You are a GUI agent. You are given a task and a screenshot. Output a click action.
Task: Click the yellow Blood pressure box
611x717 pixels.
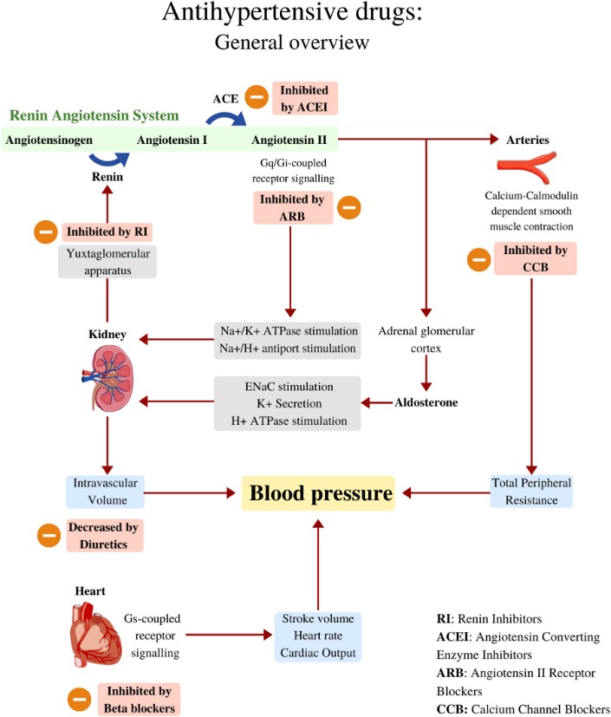click(318, 493)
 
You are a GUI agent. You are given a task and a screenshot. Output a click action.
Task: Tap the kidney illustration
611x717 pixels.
click(108, 378)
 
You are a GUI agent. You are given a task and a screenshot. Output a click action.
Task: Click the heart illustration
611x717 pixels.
click(95, 634)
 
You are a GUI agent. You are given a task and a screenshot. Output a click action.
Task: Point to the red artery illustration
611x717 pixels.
click(527, 167)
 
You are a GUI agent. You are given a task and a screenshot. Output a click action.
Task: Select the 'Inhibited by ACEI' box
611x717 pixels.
click(305, 98)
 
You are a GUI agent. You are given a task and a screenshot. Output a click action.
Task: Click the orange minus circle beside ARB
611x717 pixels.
click(349, 207)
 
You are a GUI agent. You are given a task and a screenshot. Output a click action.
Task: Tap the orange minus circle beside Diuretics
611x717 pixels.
click(49, 535)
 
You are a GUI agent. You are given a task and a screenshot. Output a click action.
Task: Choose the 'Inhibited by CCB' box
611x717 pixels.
click(535, 258)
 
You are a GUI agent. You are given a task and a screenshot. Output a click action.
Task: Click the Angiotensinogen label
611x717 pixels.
click(49, 140)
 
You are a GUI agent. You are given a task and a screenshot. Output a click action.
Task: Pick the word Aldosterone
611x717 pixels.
click(426, 402)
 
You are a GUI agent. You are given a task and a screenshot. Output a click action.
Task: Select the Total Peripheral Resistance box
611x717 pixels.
click(531, 491)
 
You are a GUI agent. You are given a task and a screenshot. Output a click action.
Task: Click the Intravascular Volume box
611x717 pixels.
click(105, 492)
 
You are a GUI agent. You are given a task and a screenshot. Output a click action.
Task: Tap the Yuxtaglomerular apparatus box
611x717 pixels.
click(107, 262)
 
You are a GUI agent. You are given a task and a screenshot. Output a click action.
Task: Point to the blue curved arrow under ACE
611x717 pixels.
click(227, 119)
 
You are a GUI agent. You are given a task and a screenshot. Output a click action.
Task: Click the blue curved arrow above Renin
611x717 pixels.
click(110, 160)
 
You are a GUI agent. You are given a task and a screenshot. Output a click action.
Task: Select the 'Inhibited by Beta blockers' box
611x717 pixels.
click(139, 699)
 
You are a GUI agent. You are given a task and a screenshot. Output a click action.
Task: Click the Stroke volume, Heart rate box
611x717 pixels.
click(318, 636)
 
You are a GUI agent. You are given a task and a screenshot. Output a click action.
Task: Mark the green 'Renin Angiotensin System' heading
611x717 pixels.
click(94, 115)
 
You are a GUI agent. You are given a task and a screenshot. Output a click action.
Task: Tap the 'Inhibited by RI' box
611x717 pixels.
click(107, 231)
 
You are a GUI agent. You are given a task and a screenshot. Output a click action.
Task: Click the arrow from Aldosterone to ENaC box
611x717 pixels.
click(377, 403)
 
